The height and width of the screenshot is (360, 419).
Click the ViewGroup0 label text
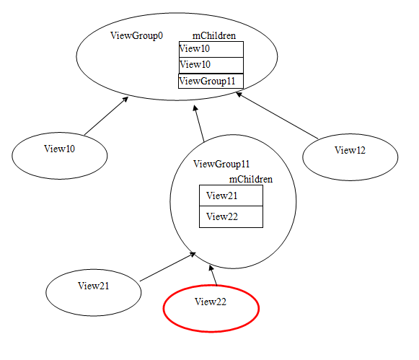tap(136, 35)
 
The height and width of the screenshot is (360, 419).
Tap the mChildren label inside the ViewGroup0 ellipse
tap(214, 35)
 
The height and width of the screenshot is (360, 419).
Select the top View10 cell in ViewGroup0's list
tap(211, 49)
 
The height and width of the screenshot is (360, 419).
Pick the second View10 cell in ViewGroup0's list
tap(211, 65)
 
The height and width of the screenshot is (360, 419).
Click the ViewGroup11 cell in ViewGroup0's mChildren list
tap(211, 81)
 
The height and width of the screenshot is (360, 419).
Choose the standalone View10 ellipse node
tap(60, 156)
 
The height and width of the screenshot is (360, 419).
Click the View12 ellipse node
tap(350, 157)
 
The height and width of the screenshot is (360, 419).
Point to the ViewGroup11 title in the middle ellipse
tap(221, 164)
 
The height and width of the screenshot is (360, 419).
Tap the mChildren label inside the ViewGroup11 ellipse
tap(251, 179)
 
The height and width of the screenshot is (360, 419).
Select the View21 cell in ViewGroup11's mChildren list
tap(231, 196)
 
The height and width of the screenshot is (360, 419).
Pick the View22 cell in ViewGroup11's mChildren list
tap(231, 216)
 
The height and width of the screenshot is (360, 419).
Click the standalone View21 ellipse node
tap(94, 293)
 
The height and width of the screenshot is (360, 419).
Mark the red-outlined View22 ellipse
tap(211, 309)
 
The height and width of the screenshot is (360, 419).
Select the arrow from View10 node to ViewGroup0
tap(106, 115)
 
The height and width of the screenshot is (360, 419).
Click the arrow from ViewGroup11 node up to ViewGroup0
tap(199, 123)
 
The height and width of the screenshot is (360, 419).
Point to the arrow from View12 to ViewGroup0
tap(277, 115)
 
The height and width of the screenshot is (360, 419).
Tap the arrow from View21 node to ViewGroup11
tap(168, 267)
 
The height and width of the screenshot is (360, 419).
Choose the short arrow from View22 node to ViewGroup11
tap(213, 276)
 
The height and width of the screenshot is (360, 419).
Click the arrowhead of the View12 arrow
tap(239, 94)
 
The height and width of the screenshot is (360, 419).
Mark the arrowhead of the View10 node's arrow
tap(125, 100)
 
